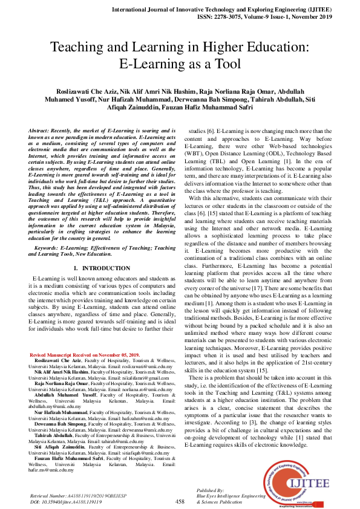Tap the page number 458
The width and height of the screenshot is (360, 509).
click(x=180, y=501)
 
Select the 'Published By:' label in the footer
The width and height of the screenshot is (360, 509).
click(x=210, y=491)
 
